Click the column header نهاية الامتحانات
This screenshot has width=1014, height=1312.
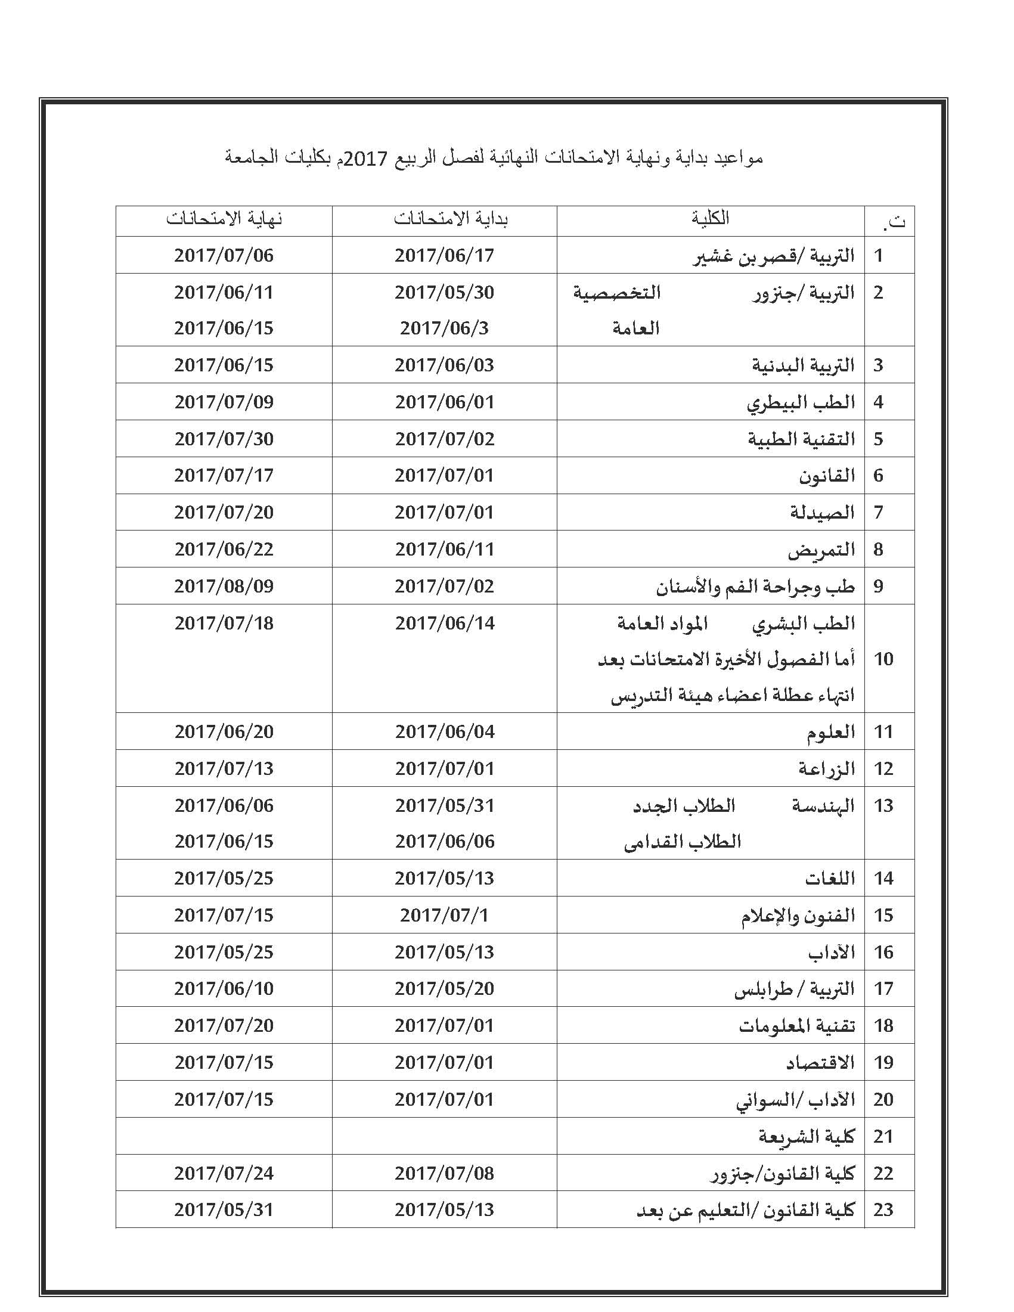coord(224,219)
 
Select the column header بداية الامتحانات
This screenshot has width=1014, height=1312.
coord(451,219)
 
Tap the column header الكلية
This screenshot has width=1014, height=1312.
coord(710,218)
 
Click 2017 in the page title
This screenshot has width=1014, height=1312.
coord(361,158)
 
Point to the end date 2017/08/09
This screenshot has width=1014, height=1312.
coord(224,586)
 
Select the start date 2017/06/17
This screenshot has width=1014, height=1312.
coord(445,255)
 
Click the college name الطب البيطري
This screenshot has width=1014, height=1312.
coord(801,402)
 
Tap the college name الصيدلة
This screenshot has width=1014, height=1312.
coord(822,513)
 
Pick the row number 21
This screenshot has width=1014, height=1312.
coord(883,1136)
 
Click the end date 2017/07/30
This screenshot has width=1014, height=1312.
coord(224,439)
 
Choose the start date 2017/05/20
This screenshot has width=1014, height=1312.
coord(445,988)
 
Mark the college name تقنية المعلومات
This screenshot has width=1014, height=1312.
coord(796,1025)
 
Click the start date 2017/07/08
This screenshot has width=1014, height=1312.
coord(445,1173)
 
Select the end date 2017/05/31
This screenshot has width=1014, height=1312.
coord(224,1209)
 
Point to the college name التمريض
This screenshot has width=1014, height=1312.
coord(821,550)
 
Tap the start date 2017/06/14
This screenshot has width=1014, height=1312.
coord(445,623)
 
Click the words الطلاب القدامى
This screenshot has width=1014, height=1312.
coord(683,842)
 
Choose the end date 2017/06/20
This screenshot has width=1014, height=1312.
coord(224,731)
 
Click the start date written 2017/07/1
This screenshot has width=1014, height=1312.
coord(445,915)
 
